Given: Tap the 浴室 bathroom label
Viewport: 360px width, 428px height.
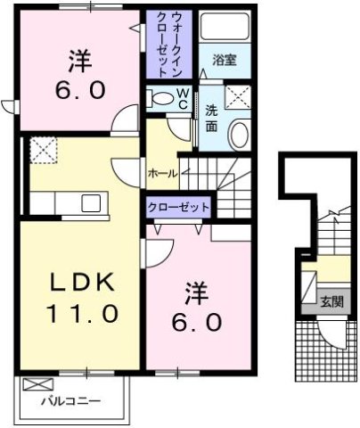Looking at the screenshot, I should pyautogui.click(x=224, y=61).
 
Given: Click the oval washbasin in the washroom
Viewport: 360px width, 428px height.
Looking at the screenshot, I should pyautogui.click(x=238, y=135).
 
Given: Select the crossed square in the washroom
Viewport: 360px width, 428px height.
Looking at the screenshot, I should pyautogui.click(x=237, y=97).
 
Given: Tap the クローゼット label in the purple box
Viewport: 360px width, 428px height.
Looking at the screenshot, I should pyautogui.click(x=179, y=207).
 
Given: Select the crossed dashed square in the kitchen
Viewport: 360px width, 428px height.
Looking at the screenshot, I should pyautogui.click(x=43, y=151).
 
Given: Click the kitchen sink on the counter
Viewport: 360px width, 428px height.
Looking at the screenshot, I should pyautogui.click(x=91, y=203).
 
